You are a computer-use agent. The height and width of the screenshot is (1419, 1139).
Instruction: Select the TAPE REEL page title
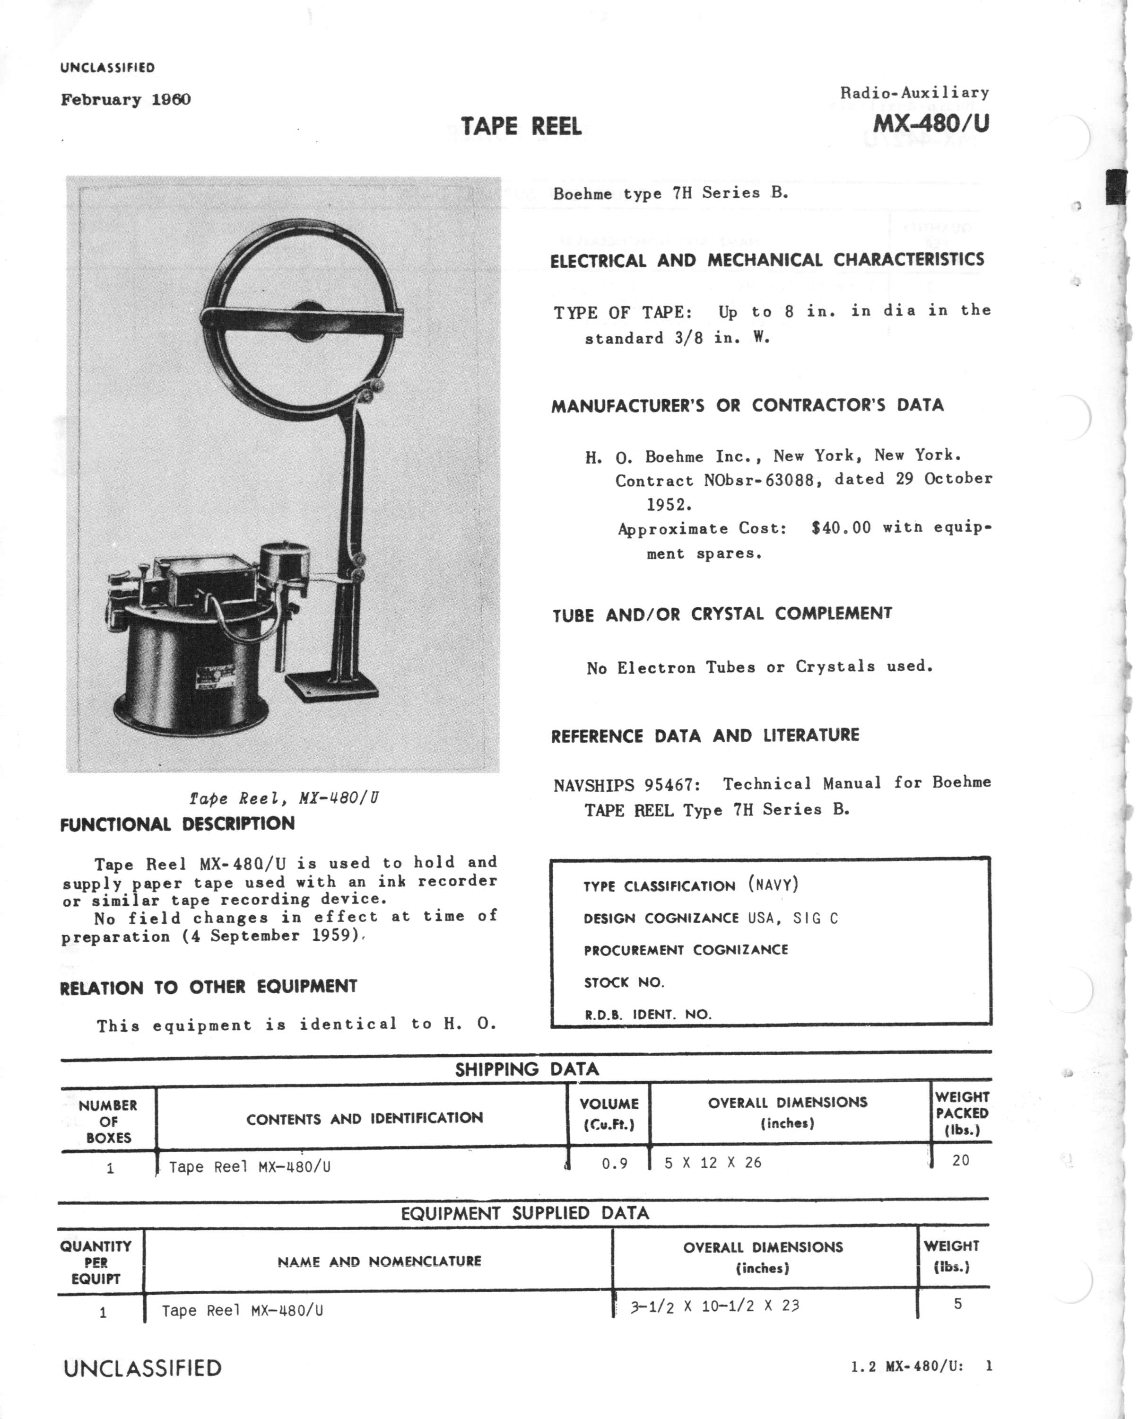tap(521, 126)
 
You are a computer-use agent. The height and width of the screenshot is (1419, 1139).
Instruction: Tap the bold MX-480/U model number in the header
tap(930, 123)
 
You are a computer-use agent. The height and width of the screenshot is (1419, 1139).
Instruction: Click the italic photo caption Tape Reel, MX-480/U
tap(284, 798)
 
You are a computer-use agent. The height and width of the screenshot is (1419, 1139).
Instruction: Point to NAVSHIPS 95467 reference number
tap(626, 785)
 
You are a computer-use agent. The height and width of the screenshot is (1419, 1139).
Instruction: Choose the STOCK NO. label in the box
tap(624, 982)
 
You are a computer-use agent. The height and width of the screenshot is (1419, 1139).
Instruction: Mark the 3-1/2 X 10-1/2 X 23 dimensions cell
tap(714, 1306)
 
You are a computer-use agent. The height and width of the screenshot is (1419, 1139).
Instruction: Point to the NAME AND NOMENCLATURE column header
tap(379, 1261)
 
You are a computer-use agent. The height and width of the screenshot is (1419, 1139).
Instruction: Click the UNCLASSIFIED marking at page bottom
tap(142, 1368)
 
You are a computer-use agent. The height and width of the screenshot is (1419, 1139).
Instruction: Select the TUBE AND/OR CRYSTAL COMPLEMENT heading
tap(722, 614)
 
